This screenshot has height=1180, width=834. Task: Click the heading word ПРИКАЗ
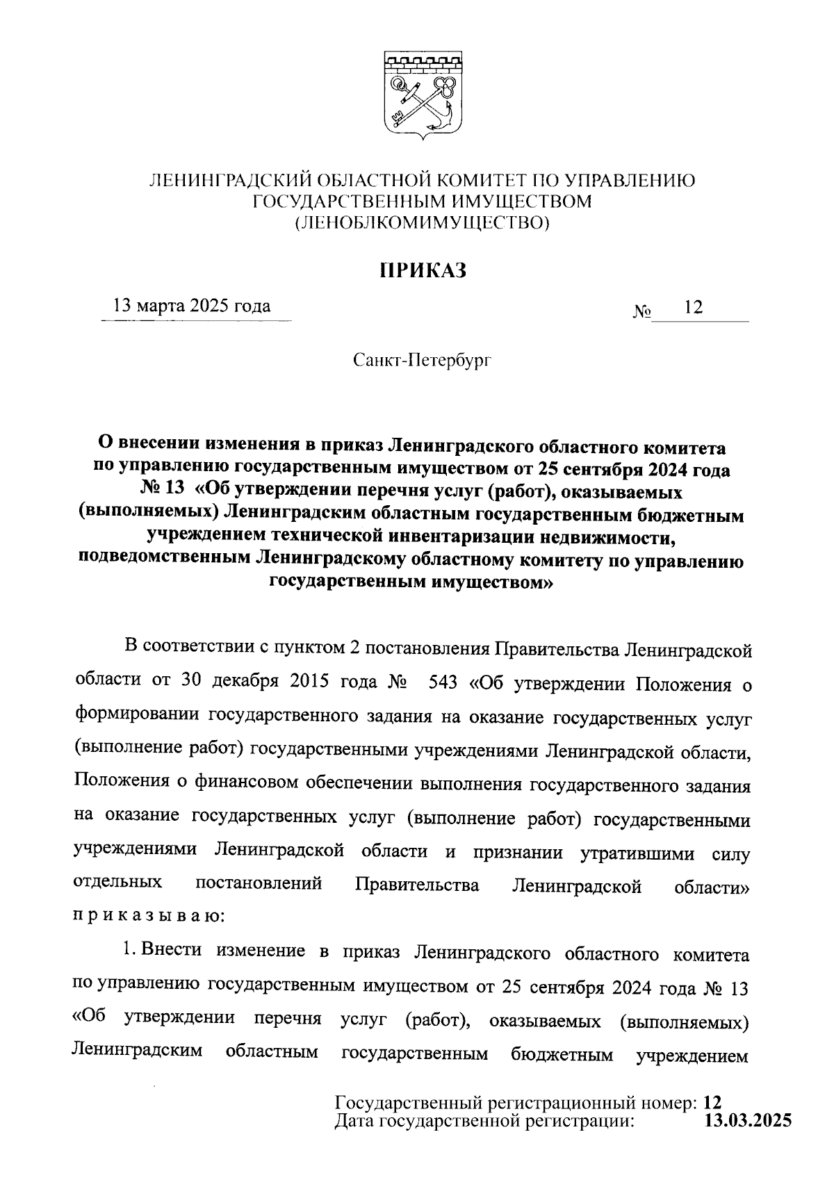click(423, 270)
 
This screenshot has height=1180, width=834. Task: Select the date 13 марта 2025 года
click(193, 306)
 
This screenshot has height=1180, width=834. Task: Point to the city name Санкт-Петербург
click(422, 361)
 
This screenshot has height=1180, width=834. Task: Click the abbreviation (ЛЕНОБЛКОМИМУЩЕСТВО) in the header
click(423, 223)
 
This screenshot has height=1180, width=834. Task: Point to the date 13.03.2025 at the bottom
click(748, 1120)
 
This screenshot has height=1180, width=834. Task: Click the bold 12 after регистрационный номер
click(712, 1102)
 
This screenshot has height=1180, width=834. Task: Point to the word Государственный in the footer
click(409, 1102)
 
